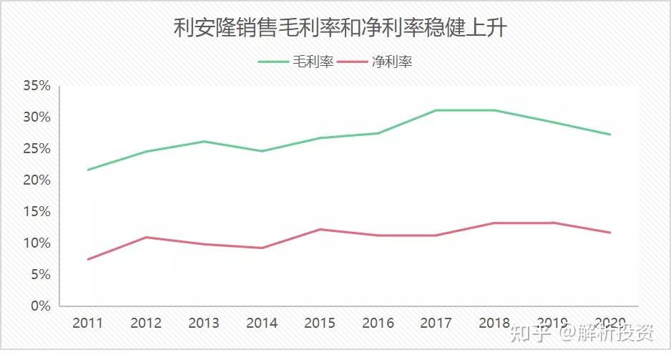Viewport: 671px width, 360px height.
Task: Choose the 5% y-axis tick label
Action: [41, 275]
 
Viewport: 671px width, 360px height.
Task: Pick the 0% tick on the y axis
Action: [41, 306]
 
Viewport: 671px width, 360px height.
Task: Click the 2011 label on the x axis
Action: [88, 323]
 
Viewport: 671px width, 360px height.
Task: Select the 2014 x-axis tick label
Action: [262, 323]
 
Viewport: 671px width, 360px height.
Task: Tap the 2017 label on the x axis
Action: [436, 323]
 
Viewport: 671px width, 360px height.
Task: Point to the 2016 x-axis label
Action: [378, 323]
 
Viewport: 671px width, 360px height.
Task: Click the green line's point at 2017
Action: [436, 110]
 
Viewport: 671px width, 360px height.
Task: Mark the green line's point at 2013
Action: [204, 141]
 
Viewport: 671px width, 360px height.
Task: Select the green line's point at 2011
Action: [88, 170]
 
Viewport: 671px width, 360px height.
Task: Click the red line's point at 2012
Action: [146, 237]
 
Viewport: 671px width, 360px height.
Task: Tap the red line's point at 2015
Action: [320, 229]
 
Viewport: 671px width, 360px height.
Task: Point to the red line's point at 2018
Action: [494, 223]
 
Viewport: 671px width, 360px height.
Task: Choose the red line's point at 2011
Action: [88, 259]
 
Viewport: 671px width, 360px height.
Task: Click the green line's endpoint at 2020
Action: [609, 135]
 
